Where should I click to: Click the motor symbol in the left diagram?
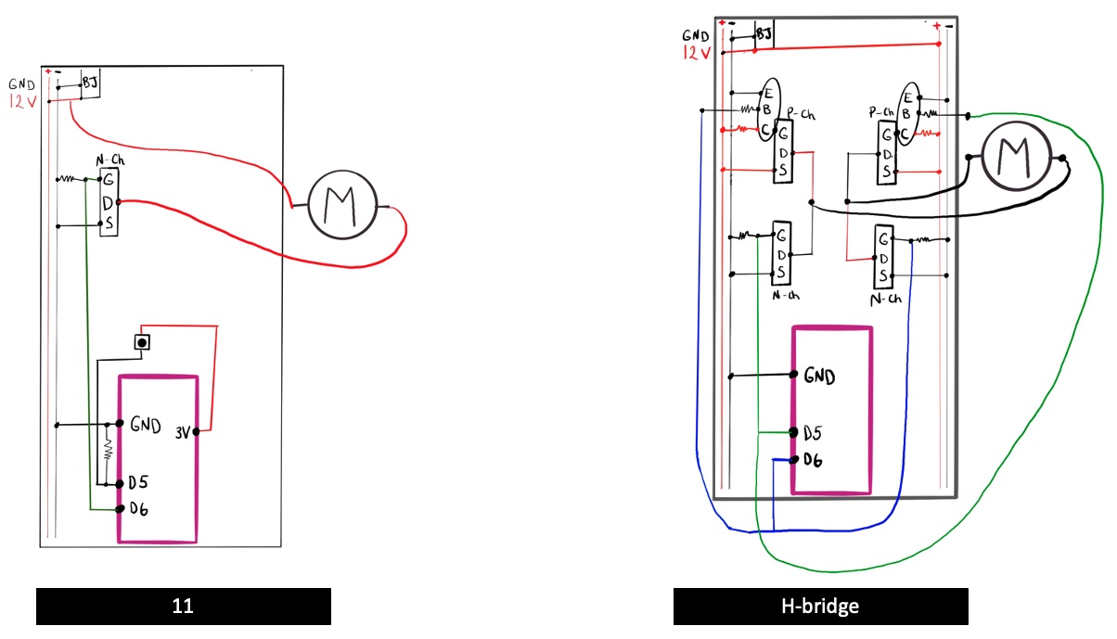(343, 206)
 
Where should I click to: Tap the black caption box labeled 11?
(184, 607)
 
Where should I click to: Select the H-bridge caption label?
(820, 607)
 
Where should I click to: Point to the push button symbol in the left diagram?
(141, 342)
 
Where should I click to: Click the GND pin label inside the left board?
(147, 426)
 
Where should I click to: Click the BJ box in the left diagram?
(90, 83)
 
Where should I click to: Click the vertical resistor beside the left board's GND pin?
(108, 451)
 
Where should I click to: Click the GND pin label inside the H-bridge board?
(819, 377)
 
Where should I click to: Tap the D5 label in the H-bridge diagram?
(813, 432)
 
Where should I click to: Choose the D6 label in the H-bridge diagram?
(813, 459)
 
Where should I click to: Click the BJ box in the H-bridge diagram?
(764, 34)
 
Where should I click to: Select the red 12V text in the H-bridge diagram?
(697, 54)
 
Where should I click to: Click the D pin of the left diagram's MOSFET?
(109, 200)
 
